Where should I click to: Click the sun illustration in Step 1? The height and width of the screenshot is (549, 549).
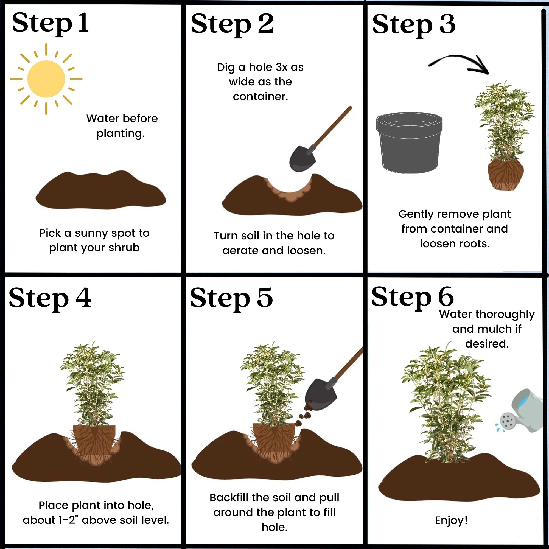coord(46,79)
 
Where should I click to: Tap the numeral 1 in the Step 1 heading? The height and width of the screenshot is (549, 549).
coord(83,23)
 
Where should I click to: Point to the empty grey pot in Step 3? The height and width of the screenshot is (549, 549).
coord(410,143)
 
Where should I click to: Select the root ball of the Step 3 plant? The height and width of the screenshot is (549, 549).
coord(506,174)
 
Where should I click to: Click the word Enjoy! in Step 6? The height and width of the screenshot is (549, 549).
coord(451,520)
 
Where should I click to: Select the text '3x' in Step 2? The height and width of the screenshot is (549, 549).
coord(282,67)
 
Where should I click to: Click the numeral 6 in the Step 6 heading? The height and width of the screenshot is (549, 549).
coord(446,296)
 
